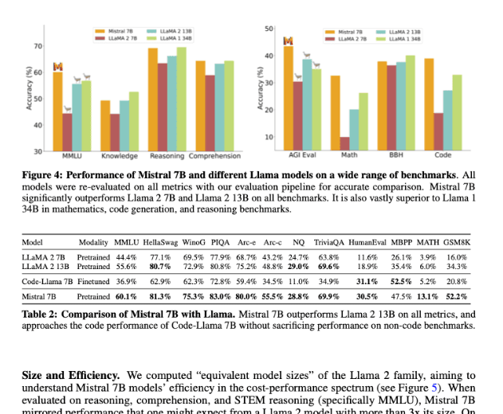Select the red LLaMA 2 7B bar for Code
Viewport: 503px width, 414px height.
pyautogui.click(x=439, y=131)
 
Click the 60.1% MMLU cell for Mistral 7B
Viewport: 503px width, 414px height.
pyautogui.click(x=126, y=295)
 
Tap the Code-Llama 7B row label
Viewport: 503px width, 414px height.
pyautogui.click(x=47, y=281)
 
